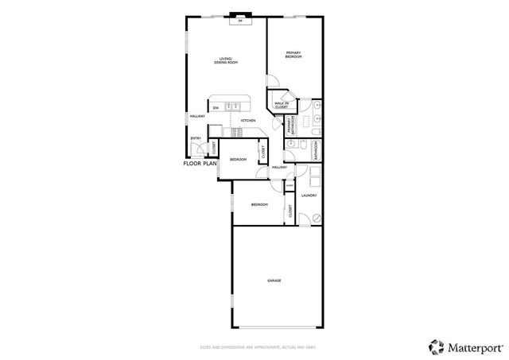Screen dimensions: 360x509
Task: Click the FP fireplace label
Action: (239, 21)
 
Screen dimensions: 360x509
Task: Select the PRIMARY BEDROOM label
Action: (293, 55)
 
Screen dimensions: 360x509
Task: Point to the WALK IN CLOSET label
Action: (281, 104)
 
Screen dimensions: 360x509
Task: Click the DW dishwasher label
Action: (216, 108)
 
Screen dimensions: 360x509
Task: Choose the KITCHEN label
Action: (248, 120)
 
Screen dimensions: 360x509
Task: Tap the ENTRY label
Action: (195, 139)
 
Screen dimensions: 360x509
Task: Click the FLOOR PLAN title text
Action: (200, 163)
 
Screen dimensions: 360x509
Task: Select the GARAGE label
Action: (274, 281)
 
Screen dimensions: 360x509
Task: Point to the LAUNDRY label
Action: (309, 195)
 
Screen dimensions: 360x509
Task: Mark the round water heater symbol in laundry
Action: (315, 216)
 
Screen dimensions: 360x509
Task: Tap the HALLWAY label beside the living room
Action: (197, 116)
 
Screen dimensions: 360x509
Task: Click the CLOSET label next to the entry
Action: (213, 147)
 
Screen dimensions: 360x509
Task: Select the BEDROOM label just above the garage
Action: (259, 204)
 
